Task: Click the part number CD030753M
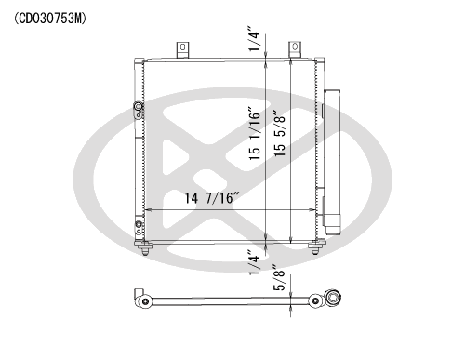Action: click(50, 19)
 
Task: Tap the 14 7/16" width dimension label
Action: click(212, 198)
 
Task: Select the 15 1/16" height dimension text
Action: click(254, 134)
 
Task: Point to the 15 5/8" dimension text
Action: click(279, 133)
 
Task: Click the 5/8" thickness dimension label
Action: click(279, 277)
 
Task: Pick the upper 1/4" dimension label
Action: click(254, 38)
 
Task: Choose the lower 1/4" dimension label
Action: click(254, 262)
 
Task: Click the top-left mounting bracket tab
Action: click(182, 49)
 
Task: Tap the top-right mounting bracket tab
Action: click(295, 49)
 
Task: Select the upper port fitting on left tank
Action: click(138, 110)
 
